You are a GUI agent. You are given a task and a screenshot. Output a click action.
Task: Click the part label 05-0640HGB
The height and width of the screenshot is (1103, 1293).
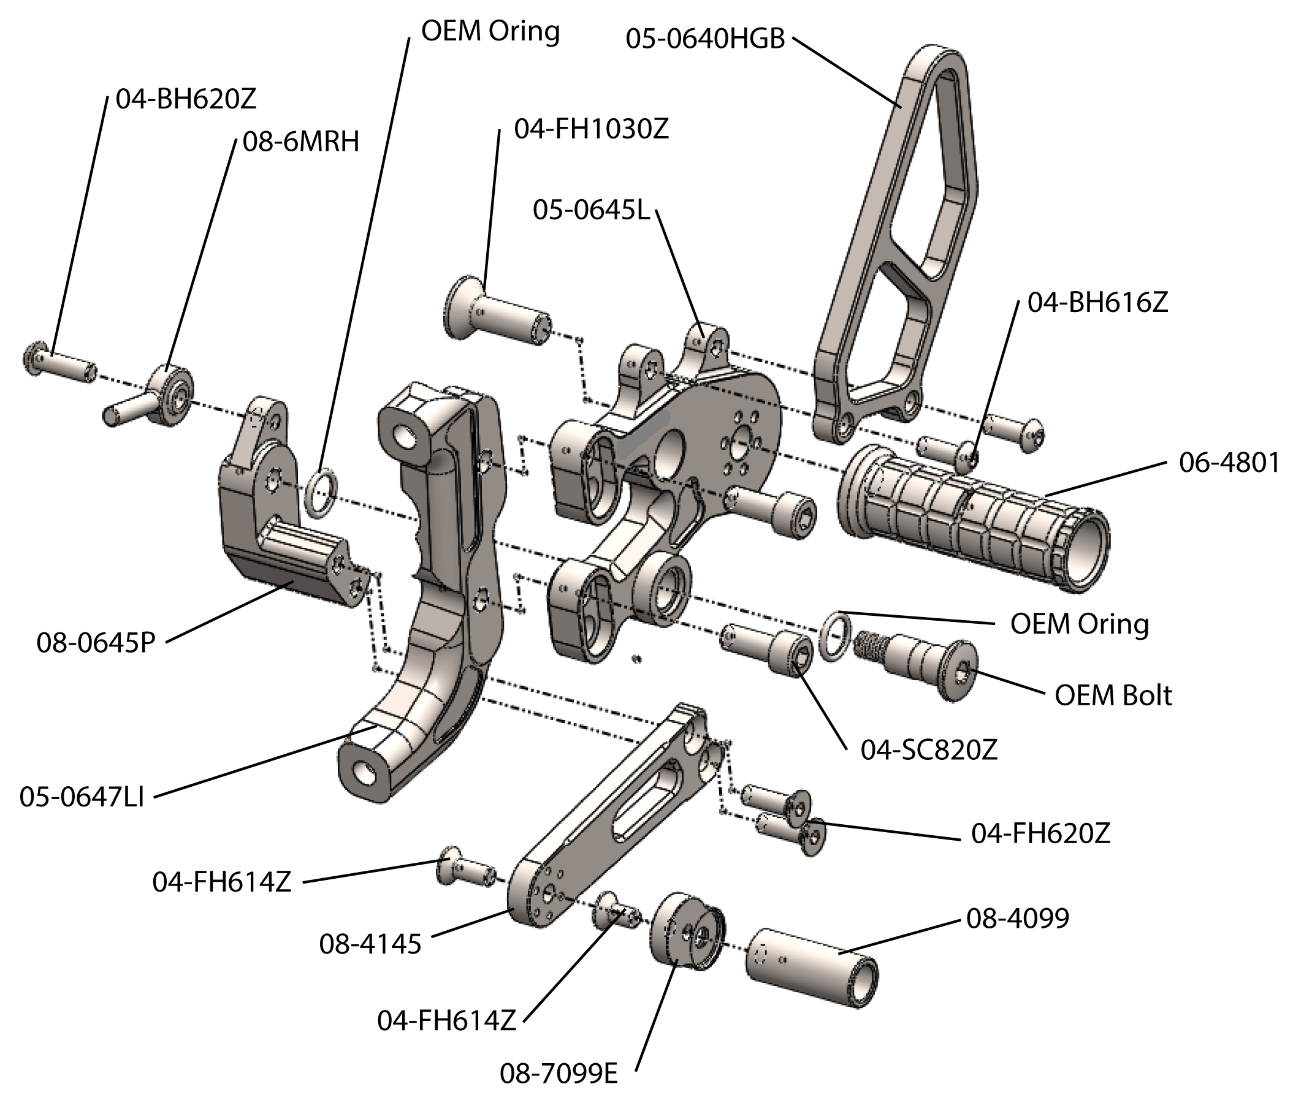coord(704,39)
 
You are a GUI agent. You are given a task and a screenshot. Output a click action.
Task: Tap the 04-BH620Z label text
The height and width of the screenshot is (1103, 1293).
coord(186,100)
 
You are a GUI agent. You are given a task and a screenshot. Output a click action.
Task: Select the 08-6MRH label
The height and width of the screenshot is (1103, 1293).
coord(301,143)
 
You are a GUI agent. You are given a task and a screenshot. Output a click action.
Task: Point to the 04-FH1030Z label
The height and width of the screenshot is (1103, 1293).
coord(592,129)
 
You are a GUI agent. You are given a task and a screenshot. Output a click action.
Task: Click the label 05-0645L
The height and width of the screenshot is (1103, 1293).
coord(591,211)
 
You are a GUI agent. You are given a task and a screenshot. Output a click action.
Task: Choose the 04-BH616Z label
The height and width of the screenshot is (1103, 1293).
coord(1097,303)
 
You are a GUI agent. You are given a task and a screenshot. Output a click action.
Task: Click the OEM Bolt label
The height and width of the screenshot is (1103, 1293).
coord(1113,696)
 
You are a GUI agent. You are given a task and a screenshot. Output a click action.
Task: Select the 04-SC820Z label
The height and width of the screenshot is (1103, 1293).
coord(929,751)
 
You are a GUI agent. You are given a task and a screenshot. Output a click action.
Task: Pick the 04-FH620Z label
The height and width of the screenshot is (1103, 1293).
coord(1041,834)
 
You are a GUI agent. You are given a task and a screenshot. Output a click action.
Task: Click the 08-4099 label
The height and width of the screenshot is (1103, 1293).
coord(1018,918)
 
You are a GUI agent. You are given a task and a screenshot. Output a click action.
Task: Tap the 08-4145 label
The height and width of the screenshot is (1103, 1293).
coord(370,944)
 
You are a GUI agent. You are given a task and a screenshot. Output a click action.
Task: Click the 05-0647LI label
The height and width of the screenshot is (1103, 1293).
coord(82,798)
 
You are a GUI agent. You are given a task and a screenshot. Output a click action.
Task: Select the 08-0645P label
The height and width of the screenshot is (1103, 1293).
coord(95,643)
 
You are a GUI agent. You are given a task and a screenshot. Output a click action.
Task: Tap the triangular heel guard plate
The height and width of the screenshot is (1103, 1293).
coord(899,249)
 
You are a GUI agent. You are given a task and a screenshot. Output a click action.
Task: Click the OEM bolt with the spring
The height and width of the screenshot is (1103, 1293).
coord(917,664)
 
